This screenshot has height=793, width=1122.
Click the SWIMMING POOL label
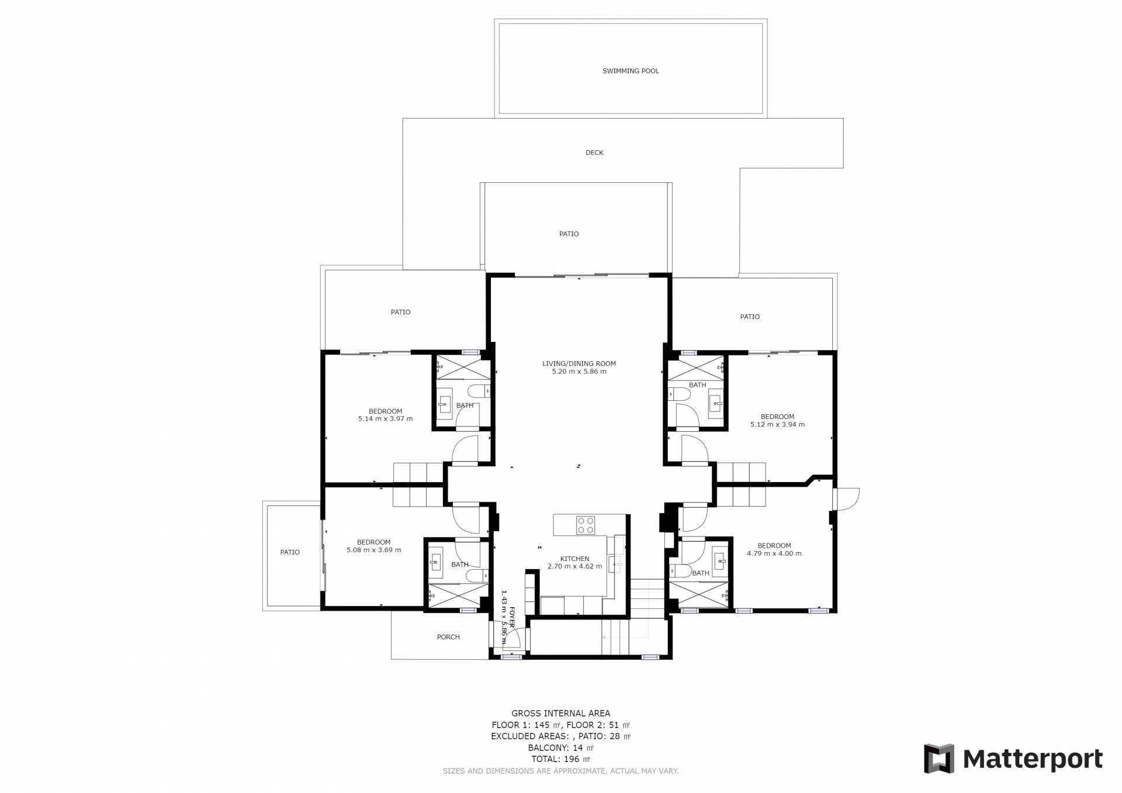(x=631, y=71)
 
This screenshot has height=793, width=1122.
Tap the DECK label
(x=594, y=153)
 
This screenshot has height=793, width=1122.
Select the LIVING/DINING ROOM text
(x=579, y=364)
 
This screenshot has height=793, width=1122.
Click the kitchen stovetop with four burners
(x=586, y=525)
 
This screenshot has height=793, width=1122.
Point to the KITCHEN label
(x=575, y=559)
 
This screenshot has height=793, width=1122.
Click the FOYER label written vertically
(x=512, y=617)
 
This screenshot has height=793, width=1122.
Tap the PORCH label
(x=448, y=638)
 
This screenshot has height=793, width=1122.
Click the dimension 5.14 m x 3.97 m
(x=386, y=419)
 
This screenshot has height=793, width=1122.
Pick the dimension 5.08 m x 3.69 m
(x=374, y=550)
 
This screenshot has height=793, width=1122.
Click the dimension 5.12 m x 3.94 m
(x=777, y=425)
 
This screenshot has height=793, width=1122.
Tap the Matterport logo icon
(x=939, y=759)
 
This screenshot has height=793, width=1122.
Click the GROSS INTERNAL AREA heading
(x=561, y=714)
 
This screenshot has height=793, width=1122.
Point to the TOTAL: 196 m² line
(x=561, y=760)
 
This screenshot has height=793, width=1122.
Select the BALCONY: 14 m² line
(x=561, y=748)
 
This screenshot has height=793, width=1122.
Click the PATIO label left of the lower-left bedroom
(x=290, y=553)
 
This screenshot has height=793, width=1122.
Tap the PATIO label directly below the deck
(x=569, y=234)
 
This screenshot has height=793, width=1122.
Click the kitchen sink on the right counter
(x=614, y=565)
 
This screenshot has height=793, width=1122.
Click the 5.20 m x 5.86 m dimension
(x=579, y=372)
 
